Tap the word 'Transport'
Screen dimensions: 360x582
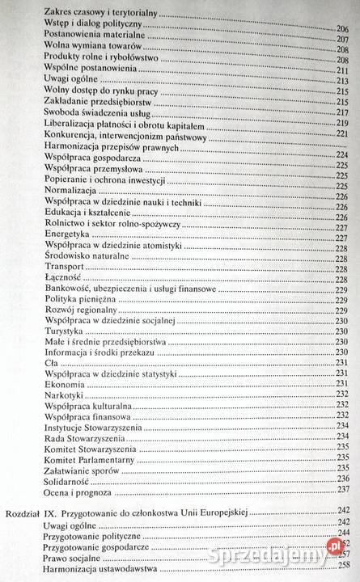coord(66,266)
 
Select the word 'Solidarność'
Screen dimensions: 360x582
coord(71,479)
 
